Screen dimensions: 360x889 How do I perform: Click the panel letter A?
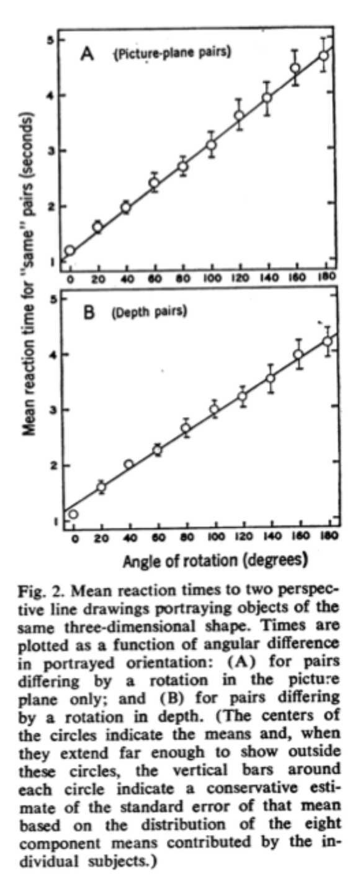[x=88, y=53]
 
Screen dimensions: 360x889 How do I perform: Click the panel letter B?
[x=89, y=314]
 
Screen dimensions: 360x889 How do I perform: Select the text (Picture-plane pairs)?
[x=173, y=53]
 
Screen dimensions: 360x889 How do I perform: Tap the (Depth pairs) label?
[x=149, y=312]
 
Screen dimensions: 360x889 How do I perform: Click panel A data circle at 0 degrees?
[x=70, y=250]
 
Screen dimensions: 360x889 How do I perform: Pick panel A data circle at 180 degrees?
[x=325, y=56]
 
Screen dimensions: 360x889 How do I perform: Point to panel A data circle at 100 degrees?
[x=212, y=145]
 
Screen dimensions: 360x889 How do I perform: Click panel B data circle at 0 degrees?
[x=73, y=515]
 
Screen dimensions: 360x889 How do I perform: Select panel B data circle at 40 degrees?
[x=128, y=464]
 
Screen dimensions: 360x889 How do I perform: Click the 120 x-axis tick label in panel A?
[x=240, y=279]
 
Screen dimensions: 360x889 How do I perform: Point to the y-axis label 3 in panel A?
[x=53, y=150]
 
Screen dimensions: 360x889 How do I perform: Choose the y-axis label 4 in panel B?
[x=53, y=354]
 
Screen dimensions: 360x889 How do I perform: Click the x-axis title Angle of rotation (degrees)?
[x=215, y=561]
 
